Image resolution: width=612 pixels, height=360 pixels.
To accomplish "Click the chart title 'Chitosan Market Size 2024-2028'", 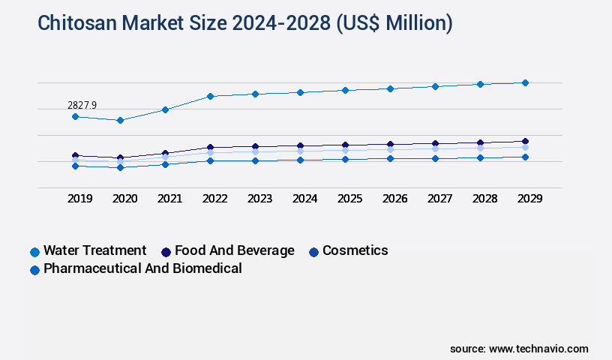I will click(x=245, y=23).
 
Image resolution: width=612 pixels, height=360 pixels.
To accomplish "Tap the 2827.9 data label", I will click(x=82, y=105).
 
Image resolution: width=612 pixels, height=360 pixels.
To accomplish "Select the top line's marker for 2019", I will click(x=75, y=116).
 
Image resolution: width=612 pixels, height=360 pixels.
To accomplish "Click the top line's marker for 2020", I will click(x=120, y=120).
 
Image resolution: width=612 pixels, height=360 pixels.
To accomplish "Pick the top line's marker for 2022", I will click(x=210, y=96).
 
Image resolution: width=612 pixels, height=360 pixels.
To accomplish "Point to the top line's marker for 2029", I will click(x=525, y=82).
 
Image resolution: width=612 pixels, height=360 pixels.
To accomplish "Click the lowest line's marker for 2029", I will click(x=525, y=157).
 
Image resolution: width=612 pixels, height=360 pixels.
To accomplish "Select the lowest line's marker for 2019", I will click(x=75, y=166).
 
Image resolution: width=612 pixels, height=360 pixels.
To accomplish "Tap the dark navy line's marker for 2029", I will click(x=525, y=141).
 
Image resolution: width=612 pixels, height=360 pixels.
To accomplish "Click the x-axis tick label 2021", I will click(x=169, y=199).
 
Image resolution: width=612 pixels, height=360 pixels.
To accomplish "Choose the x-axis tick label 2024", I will click(x=304, y=199).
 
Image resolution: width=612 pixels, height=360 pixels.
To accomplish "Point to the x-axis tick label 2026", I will click(x=394, y=199).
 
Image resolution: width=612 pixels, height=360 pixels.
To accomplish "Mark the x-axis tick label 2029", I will click(x=529, y=199).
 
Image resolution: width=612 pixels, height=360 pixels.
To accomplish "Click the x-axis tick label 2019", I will click(x=79, y=199).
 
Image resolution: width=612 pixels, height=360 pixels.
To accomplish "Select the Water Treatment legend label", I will click(x=94, y=250).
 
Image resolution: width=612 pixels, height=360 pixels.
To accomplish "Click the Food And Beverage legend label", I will click(x=234, y=250).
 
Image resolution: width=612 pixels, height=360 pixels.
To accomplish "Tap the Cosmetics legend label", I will click(x=355, y=250).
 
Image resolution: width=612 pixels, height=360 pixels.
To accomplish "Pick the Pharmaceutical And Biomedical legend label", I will click(x=142, y=268).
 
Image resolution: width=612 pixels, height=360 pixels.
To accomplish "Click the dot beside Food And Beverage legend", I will click(x=166, y=252).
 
